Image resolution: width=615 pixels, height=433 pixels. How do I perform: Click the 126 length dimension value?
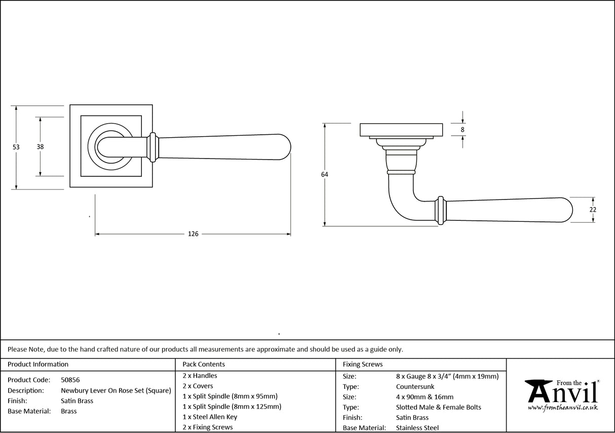(193, 234)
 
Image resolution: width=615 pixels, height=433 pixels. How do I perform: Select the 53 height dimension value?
(16, 147)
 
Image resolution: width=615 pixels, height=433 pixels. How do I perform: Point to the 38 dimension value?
(40, 147)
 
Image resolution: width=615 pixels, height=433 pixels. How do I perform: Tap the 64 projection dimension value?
(324, 175)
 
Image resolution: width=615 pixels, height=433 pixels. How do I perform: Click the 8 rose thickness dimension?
(463, 130)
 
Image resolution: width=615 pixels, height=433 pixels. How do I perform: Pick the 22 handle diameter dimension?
(593, 210)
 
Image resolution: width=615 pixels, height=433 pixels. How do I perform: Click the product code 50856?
(70, 380)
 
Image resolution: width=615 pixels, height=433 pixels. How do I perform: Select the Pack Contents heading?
(204, 364)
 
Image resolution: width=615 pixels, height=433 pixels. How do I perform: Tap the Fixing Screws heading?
(363, 364)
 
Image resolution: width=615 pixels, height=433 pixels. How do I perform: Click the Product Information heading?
(38, 364)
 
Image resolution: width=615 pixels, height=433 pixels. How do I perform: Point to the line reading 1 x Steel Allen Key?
(210, 417)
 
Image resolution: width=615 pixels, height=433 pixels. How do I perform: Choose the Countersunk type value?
(415, 386)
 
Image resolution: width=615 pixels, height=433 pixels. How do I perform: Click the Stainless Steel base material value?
(417, 428)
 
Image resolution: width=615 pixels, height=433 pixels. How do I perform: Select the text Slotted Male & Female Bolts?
(439, 407)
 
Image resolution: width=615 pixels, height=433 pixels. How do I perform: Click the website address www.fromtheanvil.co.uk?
(562, 407)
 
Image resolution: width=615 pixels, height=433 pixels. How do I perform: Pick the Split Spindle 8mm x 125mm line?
(232, 406)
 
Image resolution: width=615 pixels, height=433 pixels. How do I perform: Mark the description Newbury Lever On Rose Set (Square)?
(116, 390)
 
